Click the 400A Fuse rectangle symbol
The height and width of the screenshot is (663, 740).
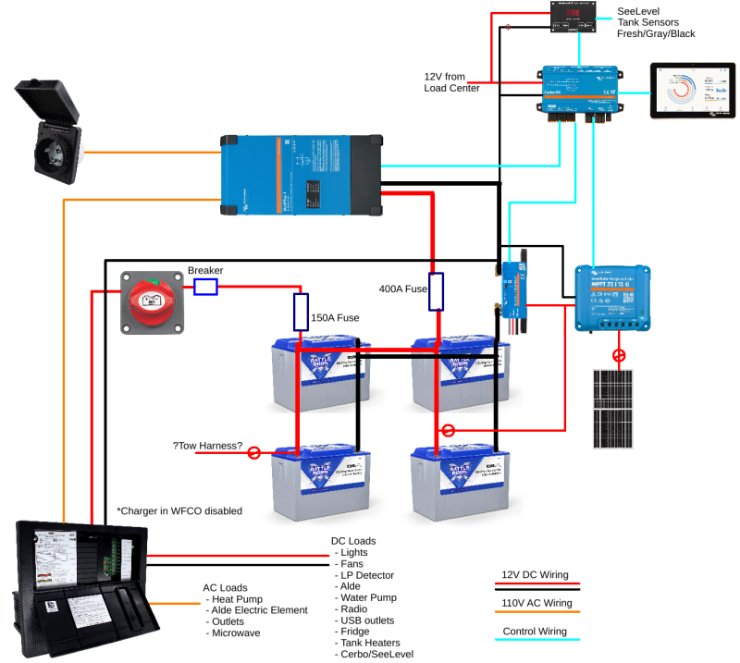(437, 292)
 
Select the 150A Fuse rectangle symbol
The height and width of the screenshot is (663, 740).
(300, 312)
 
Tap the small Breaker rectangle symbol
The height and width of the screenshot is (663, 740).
(205, 288)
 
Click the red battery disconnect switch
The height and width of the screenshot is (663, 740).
(153, 302)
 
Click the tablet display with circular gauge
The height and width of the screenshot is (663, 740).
(692, 92)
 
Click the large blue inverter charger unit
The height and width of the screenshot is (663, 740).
(301, 175)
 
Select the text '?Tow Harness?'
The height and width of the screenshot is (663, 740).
(208, 447)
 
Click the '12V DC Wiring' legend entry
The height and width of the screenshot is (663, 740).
(536, 574)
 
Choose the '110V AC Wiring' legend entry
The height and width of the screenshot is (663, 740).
(536, 603)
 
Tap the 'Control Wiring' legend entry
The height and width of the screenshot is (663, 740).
(536, 632)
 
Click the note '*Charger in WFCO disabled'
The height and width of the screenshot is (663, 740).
(179, 510)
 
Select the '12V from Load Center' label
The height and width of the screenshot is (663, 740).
(451, 81)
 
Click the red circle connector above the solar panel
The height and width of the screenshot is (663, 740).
(619, 355)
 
